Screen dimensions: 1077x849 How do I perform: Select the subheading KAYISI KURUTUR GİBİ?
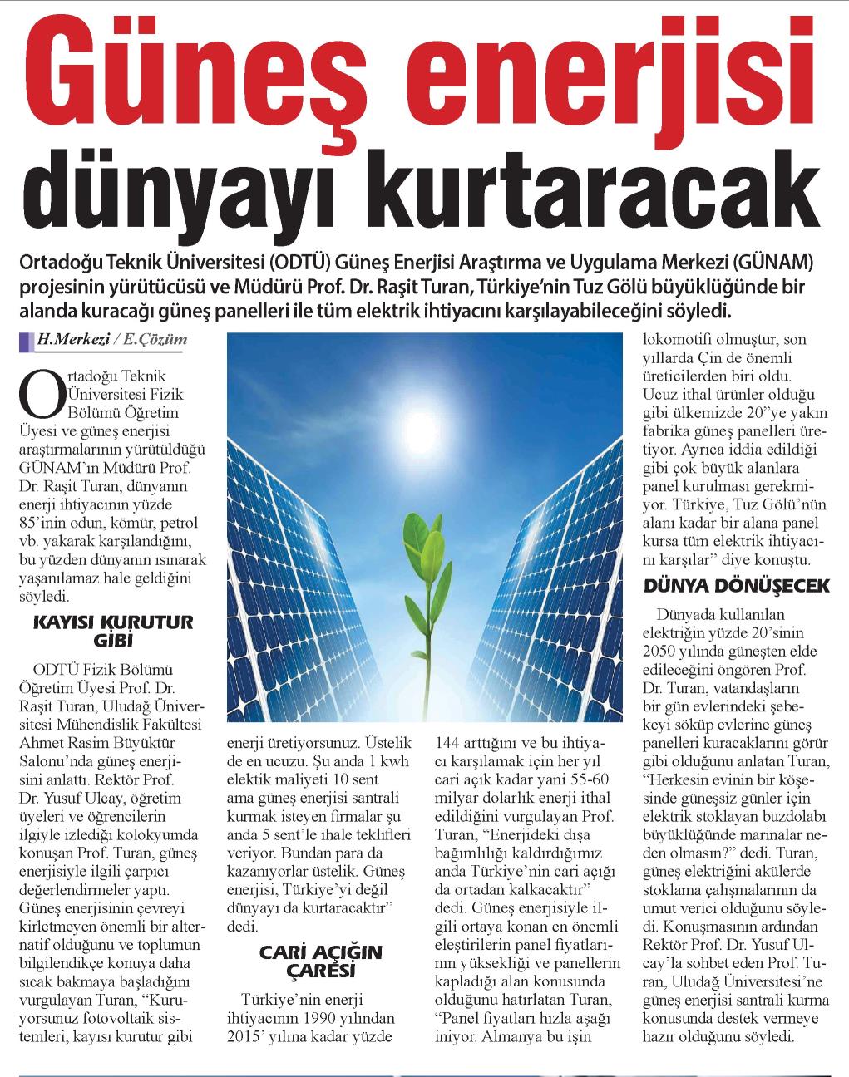click(x=111, y=631)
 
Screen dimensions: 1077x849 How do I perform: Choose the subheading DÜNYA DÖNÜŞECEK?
click(x=737, y=586)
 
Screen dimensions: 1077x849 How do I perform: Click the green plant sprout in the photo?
click(x=424, y=540)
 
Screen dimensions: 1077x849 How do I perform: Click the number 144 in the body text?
click(x=452, y=741)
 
